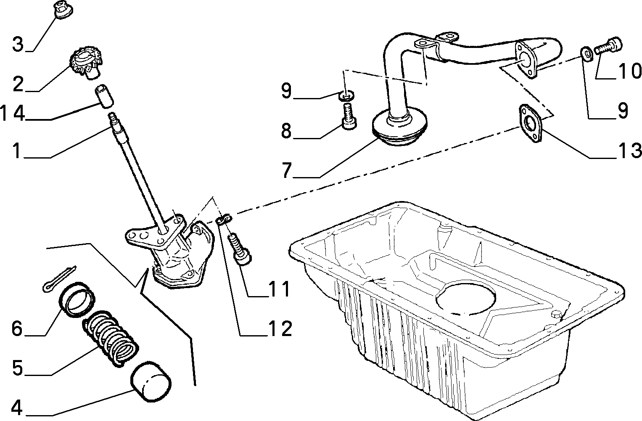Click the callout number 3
pyautogui.click(x=18, y=45)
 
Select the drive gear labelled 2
pyautogui.click(x=85, y=64)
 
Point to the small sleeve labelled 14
pyautogui.click(x=104, y=96)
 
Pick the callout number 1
pyautogui.click(x=17, y=151)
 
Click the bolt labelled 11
pyautogui.click(x=240, y=249)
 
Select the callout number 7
pyautogui.click(x=287, y=170)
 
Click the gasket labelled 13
pyautogui.click(x=530, y=123)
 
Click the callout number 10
pyautogui.click(x=629, y=71)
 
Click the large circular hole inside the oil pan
pyautogui.click(x=465, y=297)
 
